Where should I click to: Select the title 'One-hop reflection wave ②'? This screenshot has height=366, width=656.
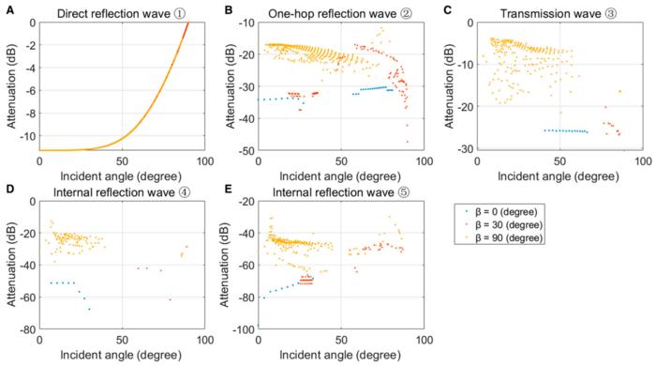pos(328,12)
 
